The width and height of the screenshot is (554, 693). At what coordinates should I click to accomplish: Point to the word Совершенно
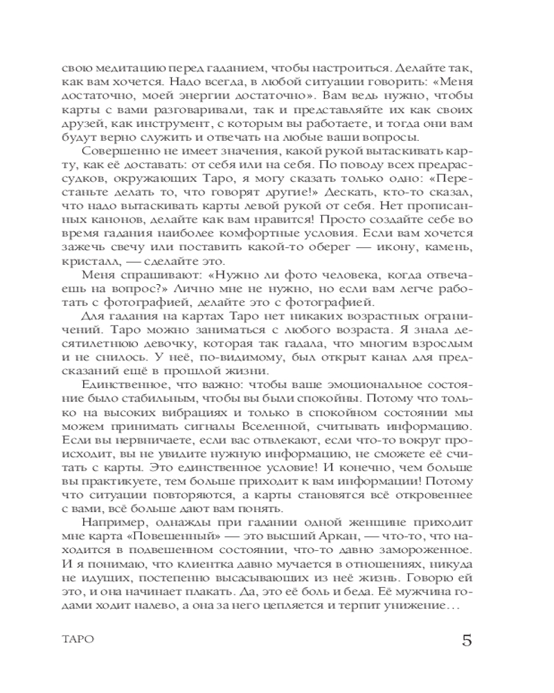(116, 153)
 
